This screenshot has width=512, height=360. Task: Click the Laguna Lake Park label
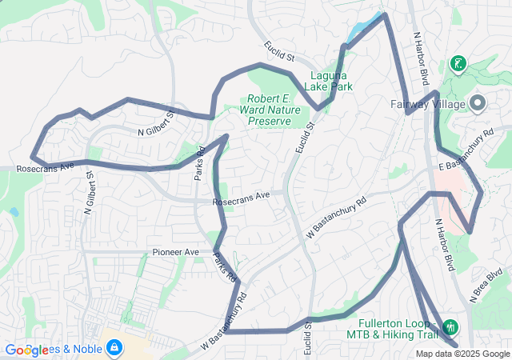330,80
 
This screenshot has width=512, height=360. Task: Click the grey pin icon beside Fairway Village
478,102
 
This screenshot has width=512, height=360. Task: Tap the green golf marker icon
458,63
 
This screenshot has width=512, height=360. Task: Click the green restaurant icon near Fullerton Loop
450,326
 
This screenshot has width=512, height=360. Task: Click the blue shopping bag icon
114,347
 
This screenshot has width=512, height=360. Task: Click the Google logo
26,350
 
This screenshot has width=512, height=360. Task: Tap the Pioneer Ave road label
175,252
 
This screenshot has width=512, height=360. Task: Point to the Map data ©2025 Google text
462,354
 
